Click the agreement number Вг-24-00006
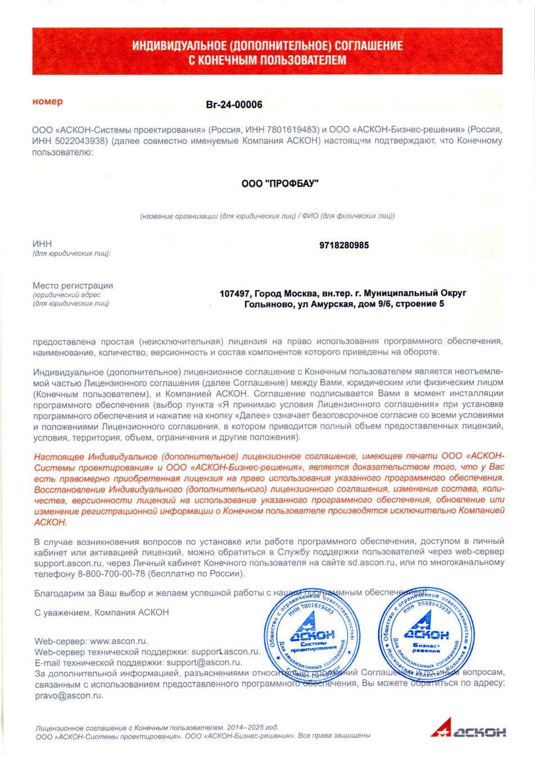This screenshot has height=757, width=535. pos(234,105)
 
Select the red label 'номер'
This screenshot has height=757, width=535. pos(48,102)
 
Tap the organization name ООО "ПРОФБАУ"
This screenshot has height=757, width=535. pos(280,183)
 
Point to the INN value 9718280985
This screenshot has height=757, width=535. pos(344,245)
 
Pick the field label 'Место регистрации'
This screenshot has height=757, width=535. pos(73,286)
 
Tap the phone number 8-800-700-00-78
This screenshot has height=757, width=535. pos(111,574)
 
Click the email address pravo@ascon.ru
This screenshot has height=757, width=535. pos(69,695)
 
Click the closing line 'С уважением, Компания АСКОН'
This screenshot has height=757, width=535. pos(102,612)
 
